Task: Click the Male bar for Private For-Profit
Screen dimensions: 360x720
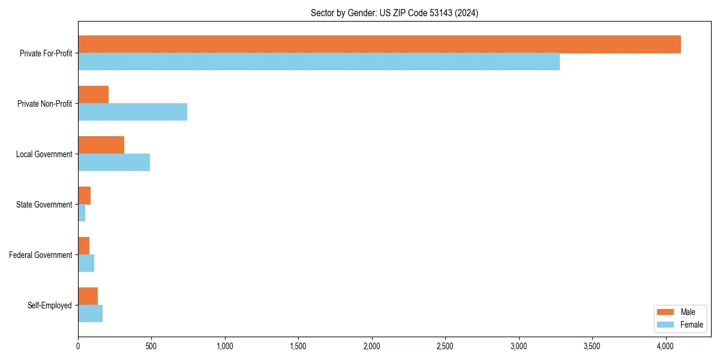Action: [x=379, y=44]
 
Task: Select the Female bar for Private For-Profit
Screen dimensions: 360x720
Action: [x=319, y=61]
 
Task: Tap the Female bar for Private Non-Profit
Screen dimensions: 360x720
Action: [x=133, y=112]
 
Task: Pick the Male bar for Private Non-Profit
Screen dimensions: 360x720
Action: [x=93, y=95]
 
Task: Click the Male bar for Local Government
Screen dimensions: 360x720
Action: [x=101, y=145]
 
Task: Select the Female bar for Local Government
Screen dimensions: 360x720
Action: [x=114, y=162]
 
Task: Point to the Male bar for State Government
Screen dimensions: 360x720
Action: [x=84, y=196]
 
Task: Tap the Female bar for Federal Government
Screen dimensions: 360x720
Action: [x=86, y=263]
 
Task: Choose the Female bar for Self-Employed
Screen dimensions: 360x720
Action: [x=90, y=313]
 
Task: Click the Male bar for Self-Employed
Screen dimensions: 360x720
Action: [x=88, y=296]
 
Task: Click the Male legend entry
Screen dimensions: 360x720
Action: [x=678, y=312]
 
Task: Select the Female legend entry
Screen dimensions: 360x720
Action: [x=681, y=325]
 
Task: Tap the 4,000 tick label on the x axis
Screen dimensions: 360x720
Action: [x=665, y=346]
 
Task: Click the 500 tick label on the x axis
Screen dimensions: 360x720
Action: [x=151, y=346]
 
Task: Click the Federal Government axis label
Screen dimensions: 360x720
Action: [x=41, y=255]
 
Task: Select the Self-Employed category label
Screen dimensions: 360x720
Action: [x=50, y=305]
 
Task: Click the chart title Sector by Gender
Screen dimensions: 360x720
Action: [x=394, y=13]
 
